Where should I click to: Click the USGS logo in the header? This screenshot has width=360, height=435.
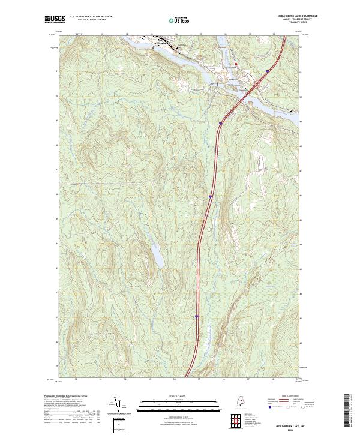pyautogui.click(x=55, y=20)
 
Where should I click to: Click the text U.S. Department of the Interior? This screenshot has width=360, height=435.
pyautogui.click(x=91, y=17)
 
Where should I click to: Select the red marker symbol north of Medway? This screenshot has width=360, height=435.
pyautogui.click(x=236, y=62)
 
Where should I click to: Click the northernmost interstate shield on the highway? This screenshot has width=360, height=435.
pyautogui.click(x=262, y=71)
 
